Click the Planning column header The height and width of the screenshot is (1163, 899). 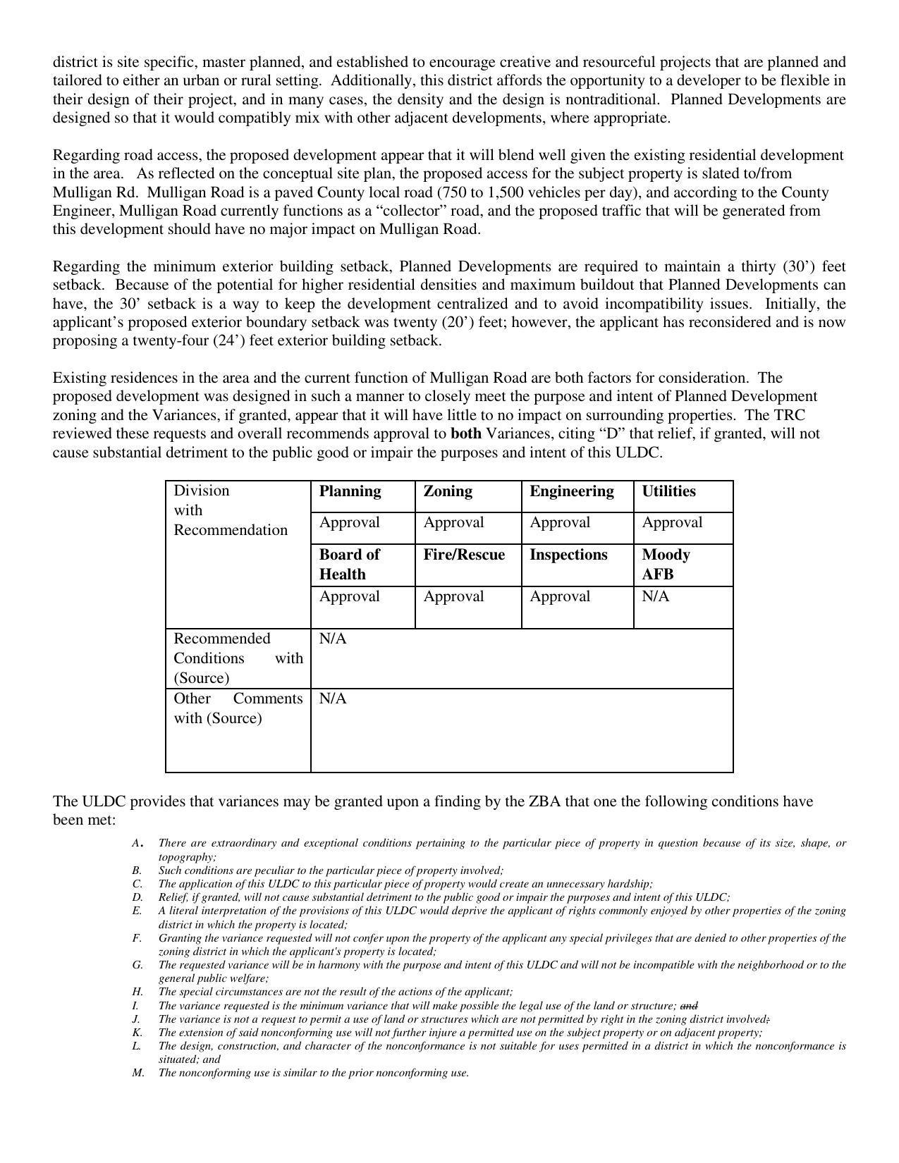[x=350, y=491]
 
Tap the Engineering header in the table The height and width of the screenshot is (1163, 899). [x=571, y=491]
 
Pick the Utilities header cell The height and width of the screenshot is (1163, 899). [x=668, y=491]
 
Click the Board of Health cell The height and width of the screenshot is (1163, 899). [x=349, y=564]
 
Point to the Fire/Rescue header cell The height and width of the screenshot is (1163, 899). [x=464, y=555]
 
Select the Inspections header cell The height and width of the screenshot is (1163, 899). [x=568, y=555]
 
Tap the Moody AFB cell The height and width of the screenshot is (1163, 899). [x=666, y=564]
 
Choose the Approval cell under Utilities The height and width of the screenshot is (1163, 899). [x=672, y=522]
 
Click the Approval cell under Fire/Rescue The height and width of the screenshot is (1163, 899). [x=453, y=596]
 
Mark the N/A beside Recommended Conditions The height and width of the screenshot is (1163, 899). [x=333, y=639]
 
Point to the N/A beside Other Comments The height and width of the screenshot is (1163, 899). [x=333, y=699]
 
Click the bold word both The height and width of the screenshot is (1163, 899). [x=466, y=433]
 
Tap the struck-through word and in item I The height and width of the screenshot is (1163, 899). [x=689, y=1006]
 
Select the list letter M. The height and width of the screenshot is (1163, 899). [x=137, y=1073]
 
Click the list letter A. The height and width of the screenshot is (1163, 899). [x=137, y=843]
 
